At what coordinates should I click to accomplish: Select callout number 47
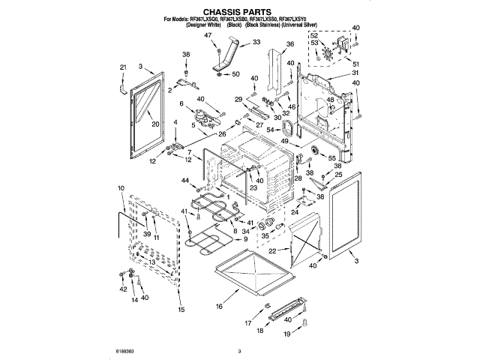coord(208,36)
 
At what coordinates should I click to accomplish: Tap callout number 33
coord(256,43)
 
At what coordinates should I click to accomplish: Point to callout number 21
coord(122,67)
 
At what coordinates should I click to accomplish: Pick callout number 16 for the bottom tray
coord(219,306)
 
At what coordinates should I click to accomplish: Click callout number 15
coord(180,309)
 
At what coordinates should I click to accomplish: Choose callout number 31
coord(356,73)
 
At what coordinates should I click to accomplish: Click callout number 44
coord(184,180)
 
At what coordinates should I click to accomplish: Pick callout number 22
coord(273,250)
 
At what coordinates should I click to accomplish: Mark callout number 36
coord(290,44)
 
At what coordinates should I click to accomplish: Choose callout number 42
coord(123,289)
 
